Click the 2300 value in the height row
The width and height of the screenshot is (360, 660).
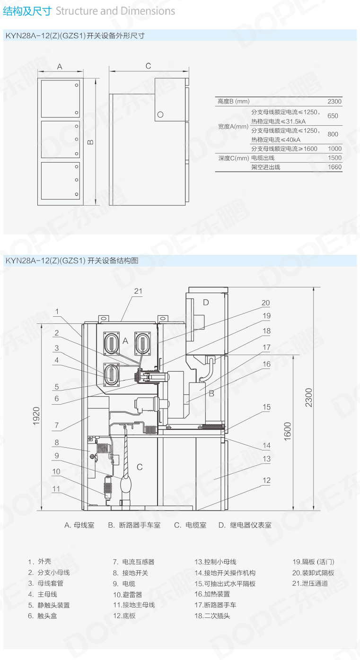click(x=334, y=101)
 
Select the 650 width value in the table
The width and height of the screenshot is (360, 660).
click(x=333, y=116)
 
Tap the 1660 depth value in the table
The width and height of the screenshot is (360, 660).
click(x=334, y=167)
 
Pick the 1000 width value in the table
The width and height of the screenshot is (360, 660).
click(x=334, y=149)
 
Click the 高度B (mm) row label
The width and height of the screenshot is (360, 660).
click(x=234, y=101)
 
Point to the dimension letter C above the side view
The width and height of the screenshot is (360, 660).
click(x=148, y=66)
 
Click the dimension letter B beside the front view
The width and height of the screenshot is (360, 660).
click(x=91, y=142)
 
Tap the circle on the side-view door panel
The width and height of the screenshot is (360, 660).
click(x=160, y=114)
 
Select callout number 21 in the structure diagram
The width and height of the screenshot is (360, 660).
click(x=138, y=291)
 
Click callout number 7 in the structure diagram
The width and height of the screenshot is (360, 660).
click(x=57, y=425)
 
